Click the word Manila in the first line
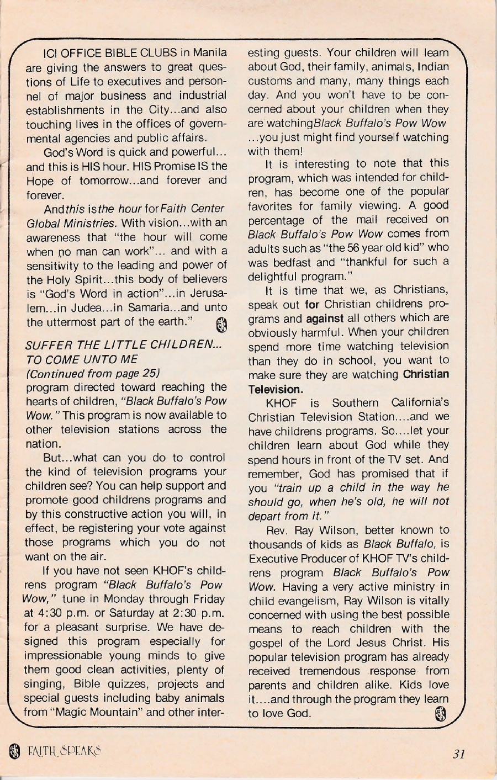pos(209,53)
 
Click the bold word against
pos(325,318)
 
